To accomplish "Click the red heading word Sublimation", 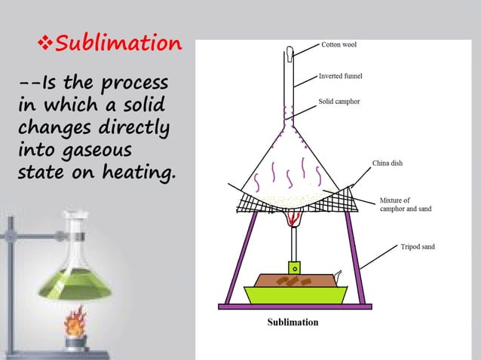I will point(119,43).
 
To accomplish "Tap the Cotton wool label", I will point(339,44).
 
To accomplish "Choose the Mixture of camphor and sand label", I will point(405,204).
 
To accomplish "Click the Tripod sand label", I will point(417,246).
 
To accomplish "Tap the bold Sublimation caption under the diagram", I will point(293,322).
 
